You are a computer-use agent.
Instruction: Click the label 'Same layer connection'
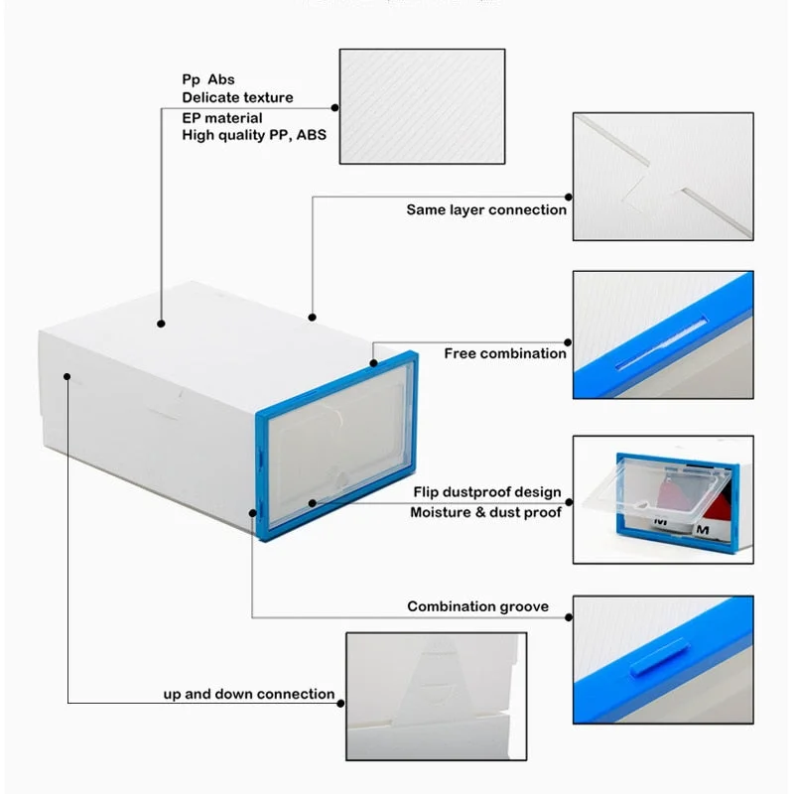486,209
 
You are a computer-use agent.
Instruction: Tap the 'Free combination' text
504,353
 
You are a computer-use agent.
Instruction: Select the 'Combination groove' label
477,606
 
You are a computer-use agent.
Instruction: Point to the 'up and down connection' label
248,694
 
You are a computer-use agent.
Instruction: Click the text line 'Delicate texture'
237,97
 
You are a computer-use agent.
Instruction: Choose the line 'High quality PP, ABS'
254,136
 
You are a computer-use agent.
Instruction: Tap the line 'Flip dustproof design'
487,492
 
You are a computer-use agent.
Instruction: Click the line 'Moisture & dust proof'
485,512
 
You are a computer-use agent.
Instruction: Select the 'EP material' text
222,118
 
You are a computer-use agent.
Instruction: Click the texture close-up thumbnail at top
422,106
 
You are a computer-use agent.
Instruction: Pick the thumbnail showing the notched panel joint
662,176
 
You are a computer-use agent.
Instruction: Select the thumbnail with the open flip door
662,499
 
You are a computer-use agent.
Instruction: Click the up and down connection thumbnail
435,696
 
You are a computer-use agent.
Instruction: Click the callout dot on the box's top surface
161,323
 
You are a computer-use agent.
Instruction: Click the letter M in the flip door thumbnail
703,530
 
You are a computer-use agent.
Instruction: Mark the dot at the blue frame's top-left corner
374,363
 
